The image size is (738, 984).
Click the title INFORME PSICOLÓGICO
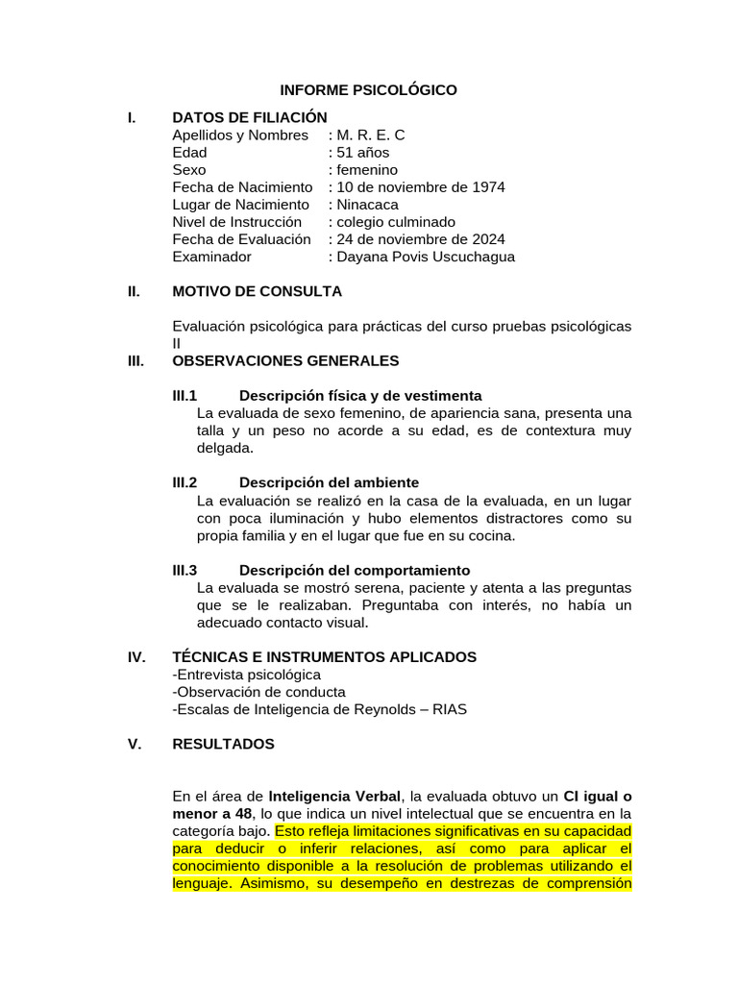coord(368,90)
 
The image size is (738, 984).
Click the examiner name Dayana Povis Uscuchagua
coord(425,257)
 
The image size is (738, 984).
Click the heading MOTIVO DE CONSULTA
coord(257,291)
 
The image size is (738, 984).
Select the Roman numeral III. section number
coord(135,361)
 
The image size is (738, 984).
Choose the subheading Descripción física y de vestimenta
coord(360,396)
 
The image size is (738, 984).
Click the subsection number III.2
coord(184,482)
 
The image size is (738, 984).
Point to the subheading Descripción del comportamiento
coord(355,570)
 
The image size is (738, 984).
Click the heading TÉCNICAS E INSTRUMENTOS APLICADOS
coord(324,657)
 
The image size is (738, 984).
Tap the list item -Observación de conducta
coord(259,692)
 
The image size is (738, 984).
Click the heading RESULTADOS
coord(223,744)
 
